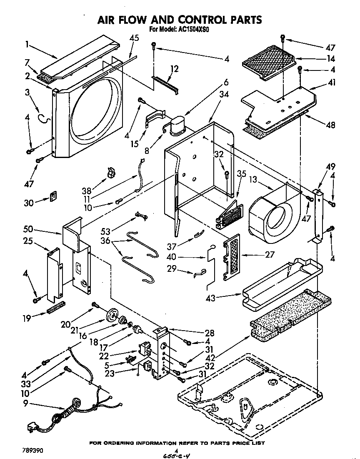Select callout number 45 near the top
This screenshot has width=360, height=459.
point(134,38)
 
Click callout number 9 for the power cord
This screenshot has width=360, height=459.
point(27,403)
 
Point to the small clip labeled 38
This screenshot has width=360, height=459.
point(110,172)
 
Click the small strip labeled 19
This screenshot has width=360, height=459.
point(56,310)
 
